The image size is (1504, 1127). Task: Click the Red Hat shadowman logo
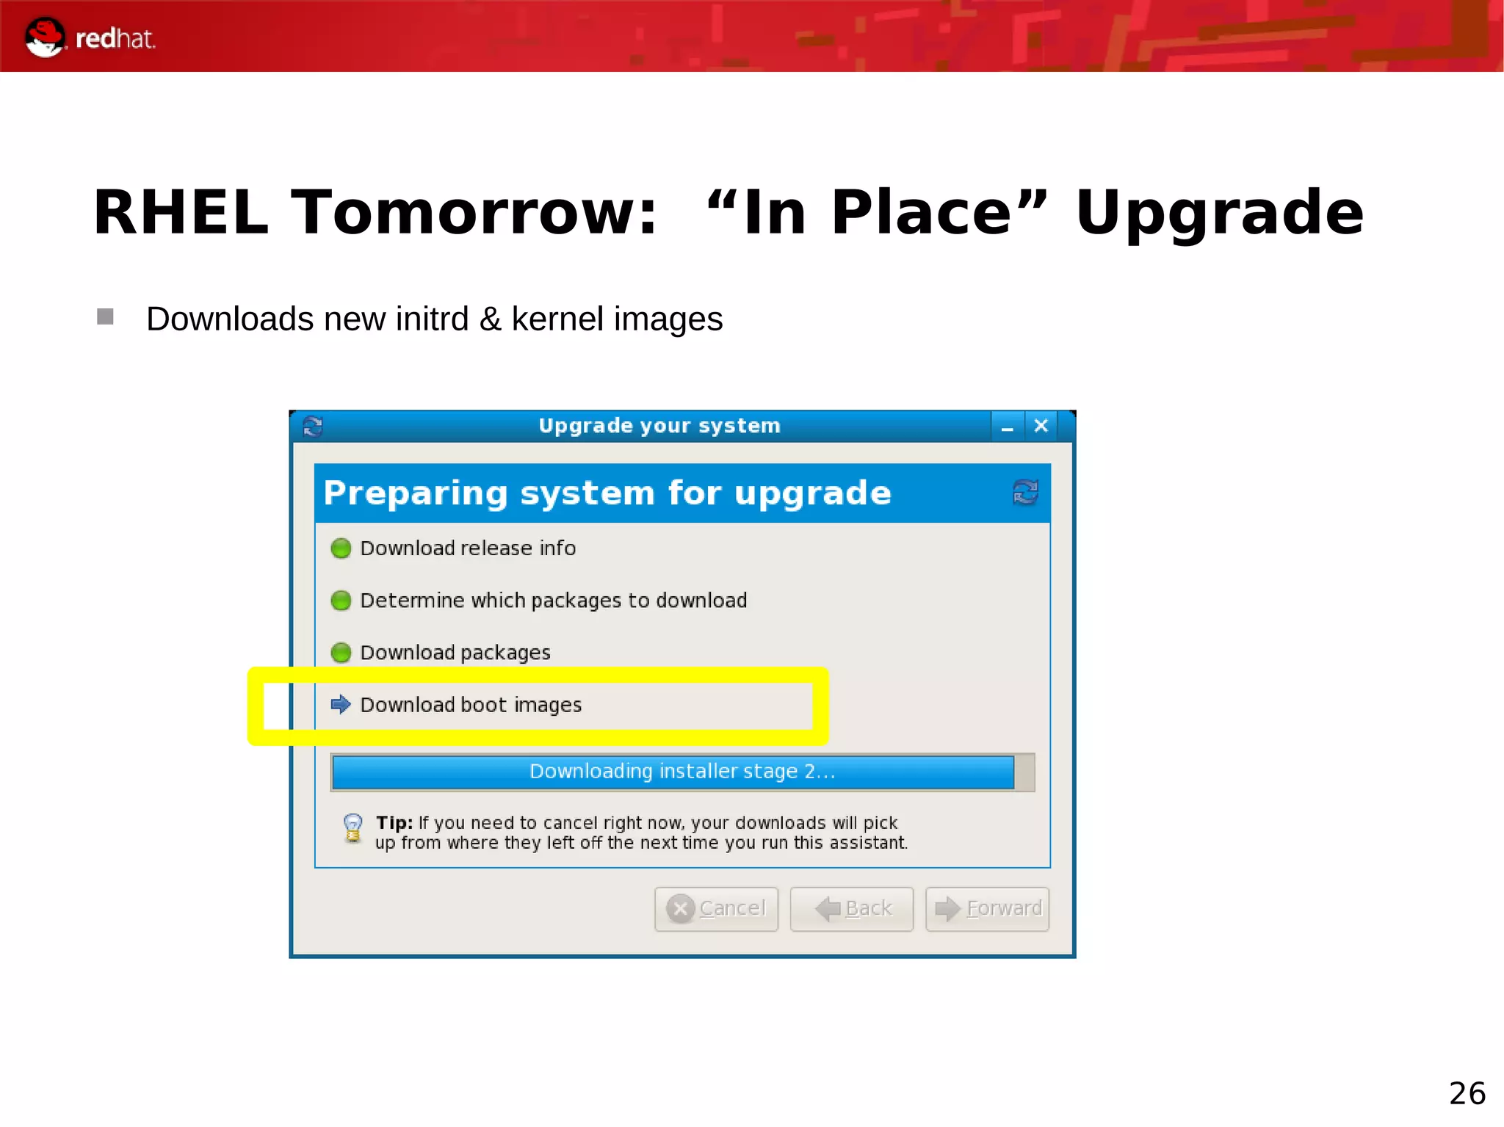click(45, 37)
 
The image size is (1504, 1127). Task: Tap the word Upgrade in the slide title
click(1219, 213)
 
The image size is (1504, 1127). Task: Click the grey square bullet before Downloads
click(105, 316)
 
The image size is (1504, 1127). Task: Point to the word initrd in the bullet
click(432, 319)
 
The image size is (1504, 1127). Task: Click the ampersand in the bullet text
click(490, 319)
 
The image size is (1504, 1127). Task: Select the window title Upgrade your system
click(659, 426)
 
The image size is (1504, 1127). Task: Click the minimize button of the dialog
click(1007, 427)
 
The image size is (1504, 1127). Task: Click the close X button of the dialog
click(1041, 426)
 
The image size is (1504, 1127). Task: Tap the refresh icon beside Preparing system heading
click(1025, 492)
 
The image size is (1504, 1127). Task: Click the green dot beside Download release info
click(341, 548)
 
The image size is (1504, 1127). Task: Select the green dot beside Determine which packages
click(341, 601)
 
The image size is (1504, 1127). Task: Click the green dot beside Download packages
click(341, 653)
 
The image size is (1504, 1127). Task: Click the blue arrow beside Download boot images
click(341, 705)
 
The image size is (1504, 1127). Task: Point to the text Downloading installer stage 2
click(682, 772)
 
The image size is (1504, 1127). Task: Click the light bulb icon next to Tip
click(353, 828)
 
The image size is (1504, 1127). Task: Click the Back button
click(852, 909)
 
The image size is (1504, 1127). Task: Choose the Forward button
click(988, 909)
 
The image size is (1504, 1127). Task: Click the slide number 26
click(1467, 1093)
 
